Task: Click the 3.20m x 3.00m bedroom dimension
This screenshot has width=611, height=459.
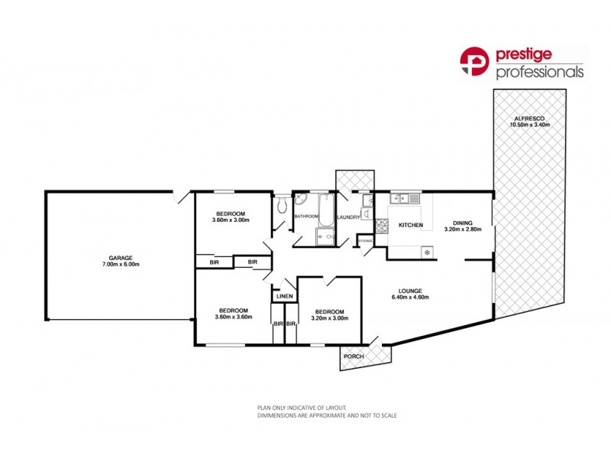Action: coord(328,318)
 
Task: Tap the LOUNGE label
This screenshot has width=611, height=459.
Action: coord(410,290)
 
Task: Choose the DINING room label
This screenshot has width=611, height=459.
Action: coord(463,223)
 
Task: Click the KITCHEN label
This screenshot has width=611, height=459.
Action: coord(410,226)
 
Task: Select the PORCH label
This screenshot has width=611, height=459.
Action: coord(354,357)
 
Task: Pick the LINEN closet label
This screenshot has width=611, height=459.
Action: coord(284,296)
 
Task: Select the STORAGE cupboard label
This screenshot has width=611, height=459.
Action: coord(366,242)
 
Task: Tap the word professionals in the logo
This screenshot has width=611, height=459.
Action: coord(540,73)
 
